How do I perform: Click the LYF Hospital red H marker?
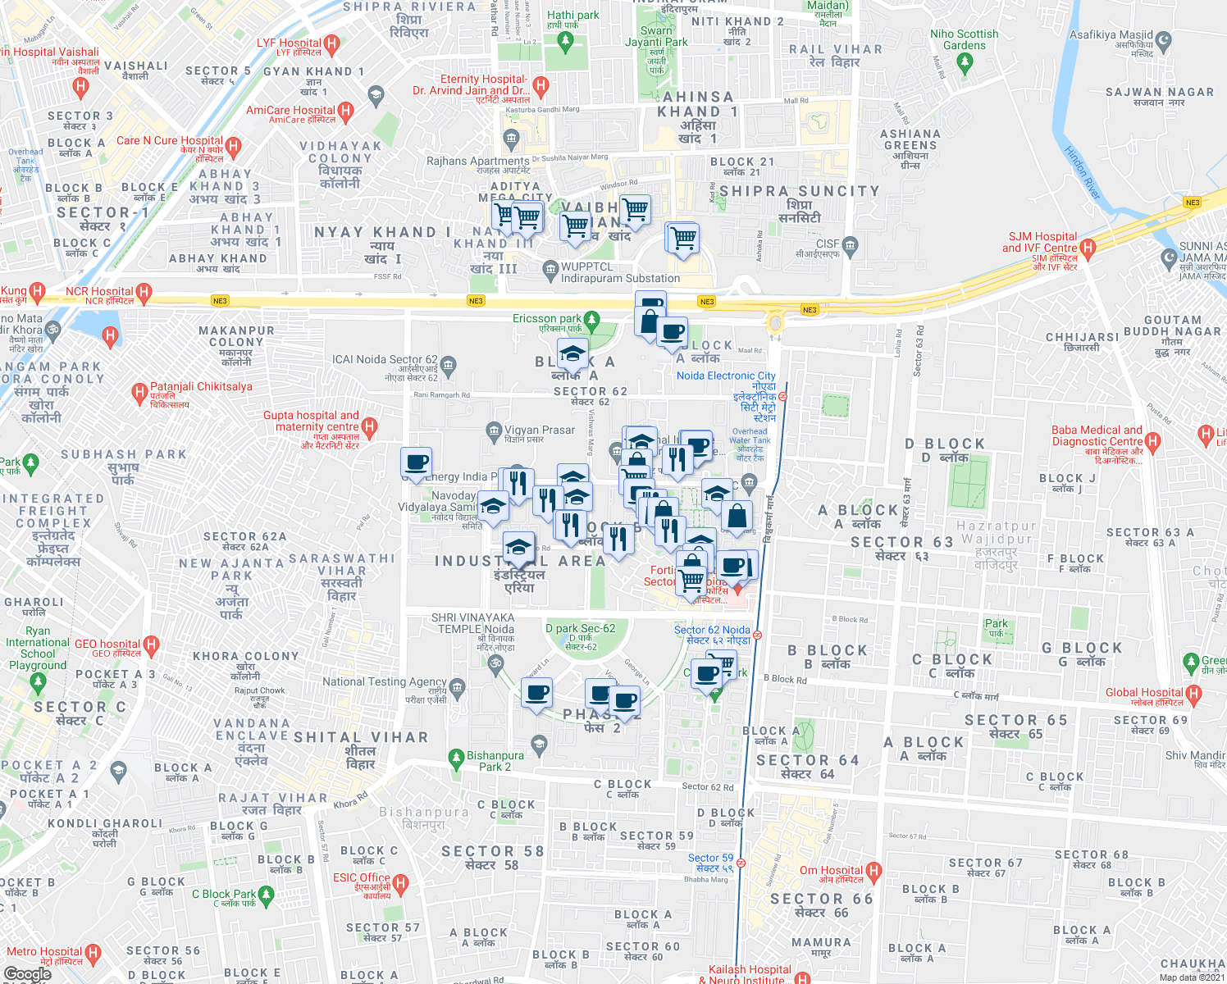[x=331, y=43]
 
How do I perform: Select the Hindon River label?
[x=1082, y=173]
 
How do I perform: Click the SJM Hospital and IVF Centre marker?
[x=1088, y=248]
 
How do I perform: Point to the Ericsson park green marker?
[x=591, y=319]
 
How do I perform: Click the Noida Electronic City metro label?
[x=726, y=376]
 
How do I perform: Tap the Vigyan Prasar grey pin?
[x=494, y=430]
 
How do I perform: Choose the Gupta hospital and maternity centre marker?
[x=370, y=426]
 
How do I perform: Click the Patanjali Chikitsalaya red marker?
[x=139, y=393]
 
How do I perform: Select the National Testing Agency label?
[x=384, y=682]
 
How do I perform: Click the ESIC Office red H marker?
[x=400, y=883]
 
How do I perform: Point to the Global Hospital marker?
[x=1194, y=695]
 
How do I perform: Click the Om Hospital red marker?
[x=873, y=871]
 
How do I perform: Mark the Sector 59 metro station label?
[x=710, y=863]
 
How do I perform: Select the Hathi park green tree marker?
[x=563, y=39]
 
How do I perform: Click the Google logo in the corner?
[x=28, y=974]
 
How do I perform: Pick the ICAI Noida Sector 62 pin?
[x=448, y=364]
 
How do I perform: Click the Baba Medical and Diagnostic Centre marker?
[x=1153, y=443]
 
